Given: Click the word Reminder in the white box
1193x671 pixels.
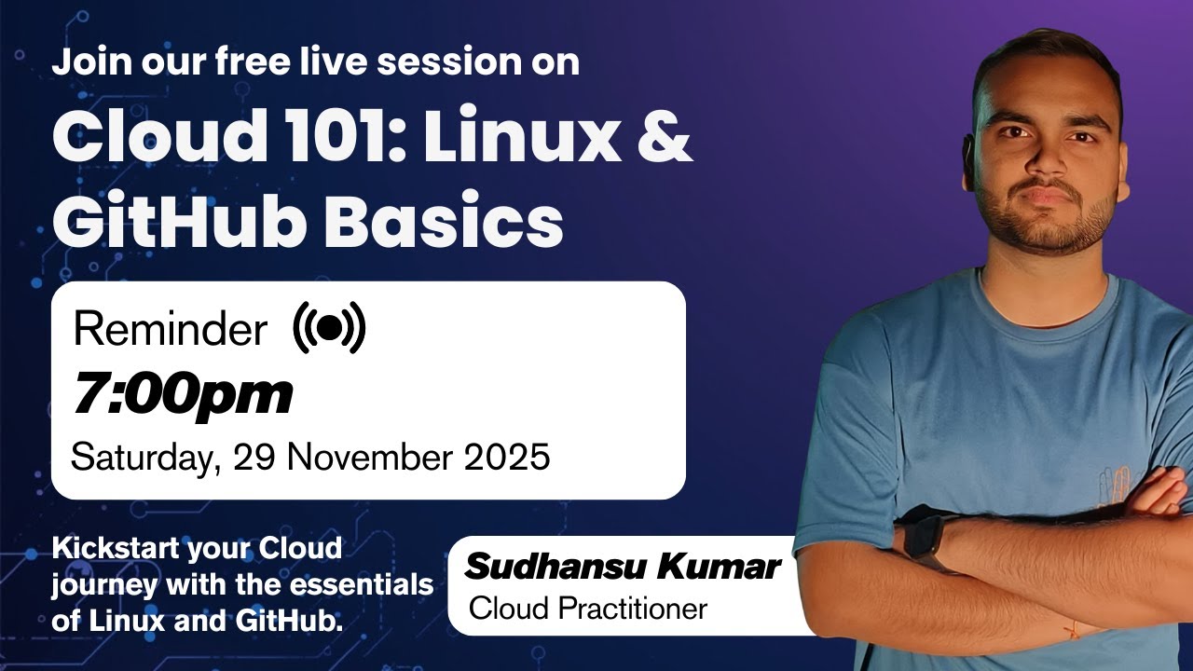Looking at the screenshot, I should coord(170,330).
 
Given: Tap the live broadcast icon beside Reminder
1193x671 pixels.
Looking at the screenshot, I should coord(329,328).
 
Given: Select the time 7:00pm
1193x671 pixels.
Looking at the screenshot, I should coord(183,394).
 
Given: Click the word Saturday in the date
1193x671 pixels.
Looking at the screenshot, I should coord(145,458).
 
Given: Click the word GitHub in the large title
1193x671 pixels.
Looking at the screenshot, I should coord(182,221).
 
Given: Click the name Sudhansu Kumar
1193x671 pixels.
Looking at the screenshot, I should coord(623,566).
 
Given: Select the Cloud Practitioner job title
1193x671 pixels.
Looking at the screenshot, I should coord(588,609).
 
